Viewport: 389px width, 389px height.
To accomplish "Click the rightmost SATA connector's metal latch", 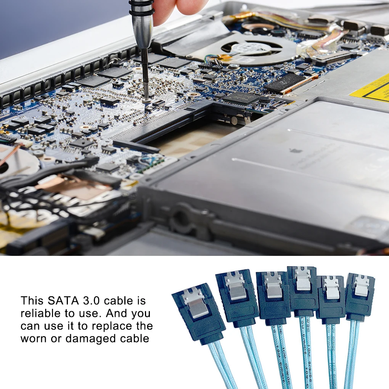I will [361, 286].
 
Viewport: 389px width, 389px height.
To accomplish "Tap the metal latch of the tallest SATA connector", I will [303, 278].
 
